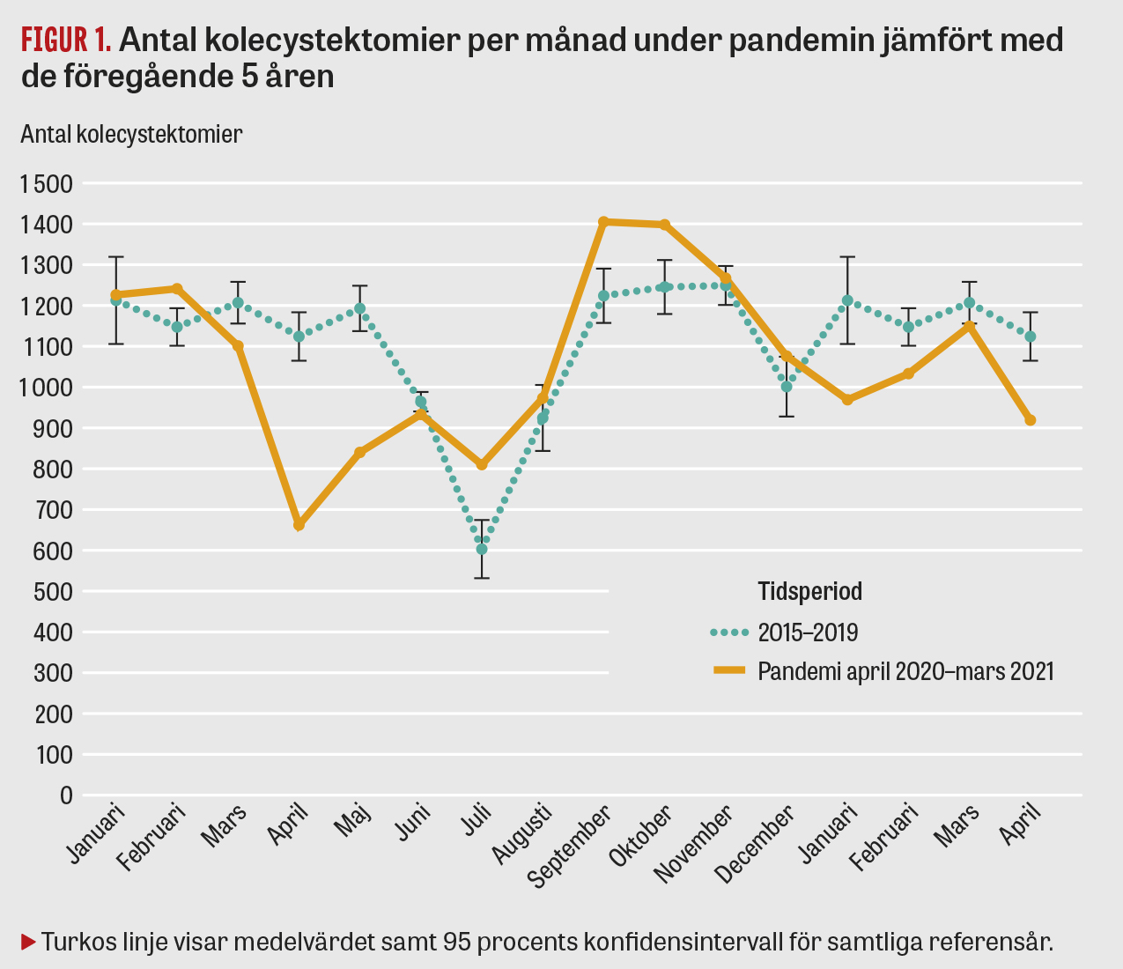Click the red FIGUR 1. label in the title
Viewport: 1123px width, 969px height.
(66, 40)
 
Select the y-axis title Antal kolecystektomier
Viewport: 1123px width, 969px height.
(131, 134)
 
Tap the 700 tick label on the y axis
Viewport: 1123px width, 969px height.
(55, 510)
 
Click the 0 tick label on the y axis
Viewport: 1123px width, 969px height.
(66, 795)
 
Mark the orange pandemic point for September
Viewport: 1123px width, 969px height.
(603, 222)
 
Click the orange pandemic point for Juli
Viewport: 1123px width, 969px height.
(482, 464)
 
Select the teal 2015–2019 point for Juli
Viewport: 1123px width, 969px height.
(482, 549)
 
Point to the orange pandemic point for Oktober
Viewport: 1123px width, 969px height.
(665, 225)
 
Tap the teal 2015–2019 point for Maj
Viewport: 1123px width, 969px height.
(359, 309)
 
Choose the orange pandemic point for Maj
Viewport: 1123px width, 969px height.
(359, 452)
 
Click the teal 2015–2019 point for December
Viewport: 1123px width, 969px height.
(787, 387)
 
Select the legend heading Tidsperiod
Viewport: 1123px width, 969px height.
(809, 591)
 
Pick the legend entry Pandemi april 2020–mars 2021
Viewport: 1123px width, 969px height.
(905, 671)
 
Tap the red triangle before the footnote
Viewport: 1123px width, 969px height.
(27, 941)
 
